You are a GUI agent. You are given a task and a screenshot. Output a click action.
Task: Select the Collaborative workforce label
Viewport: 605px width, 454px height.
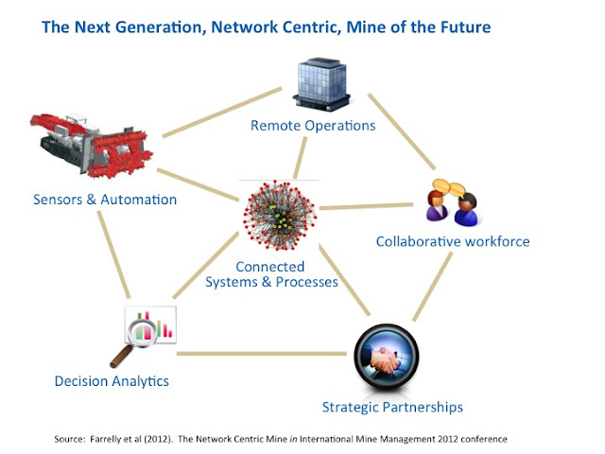click(452, 241)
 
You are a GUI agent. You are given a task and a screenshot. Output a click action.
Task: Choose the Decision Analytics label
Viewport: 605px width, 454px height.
click(112, 381)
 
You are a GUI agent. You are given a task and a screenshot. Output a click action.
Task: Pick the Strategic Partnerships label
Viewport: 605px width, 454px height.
click(392, 408)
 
